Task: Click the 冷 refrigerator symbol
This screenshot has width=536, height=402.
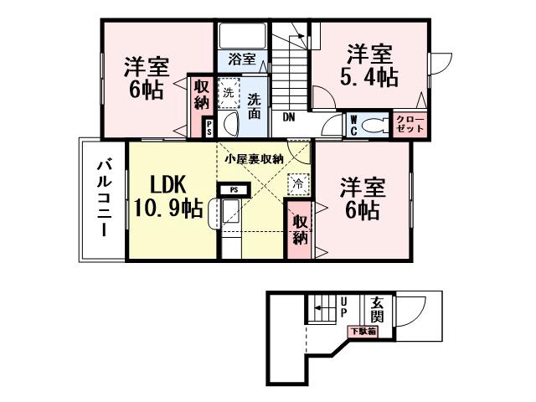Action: (x=297, y=182)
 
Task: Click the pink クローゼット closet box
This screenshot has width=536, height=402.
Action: (x=410, y=125)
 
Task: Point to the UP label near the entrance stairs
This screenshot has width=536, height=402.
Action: (x=343, y=307)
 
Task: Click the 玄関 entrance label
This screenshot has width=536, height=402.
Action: (x=378, y=309)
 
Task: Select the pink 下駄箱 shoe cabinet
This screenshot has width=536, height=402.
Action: (x=363, y=332)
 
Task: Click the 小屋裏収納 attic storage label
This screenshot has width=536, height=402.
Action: (x=253, y=158)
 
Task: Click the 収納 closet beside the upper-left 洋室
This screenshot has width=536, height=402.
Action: (x=201, y=94)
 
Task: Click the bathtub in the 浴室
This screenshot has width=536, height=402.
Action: (x=242, y=37)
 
